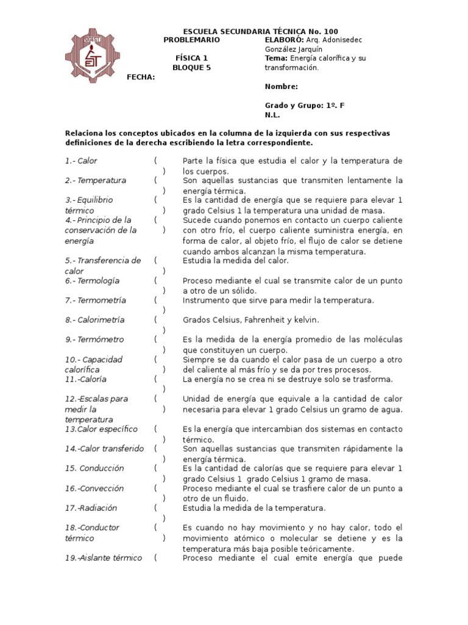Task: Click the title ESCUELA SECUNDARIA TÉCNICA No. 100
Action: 260,32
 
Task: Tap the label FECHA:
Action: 140,77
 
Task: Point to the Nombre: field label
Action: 282,87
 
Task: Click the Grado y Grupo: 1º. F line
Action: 305,105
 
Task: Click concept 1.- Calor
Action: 81,161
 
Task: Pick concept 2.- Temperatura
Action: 96,181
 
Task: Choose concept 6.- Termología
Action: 92,281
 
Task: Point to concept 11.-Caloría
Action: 85,379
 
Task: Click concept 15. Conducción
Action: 94,468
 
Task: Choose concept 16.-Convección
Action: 94,488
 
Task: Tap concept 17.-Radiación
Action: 91,508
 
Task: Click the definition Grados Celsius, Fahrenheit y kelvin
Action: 251,320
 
